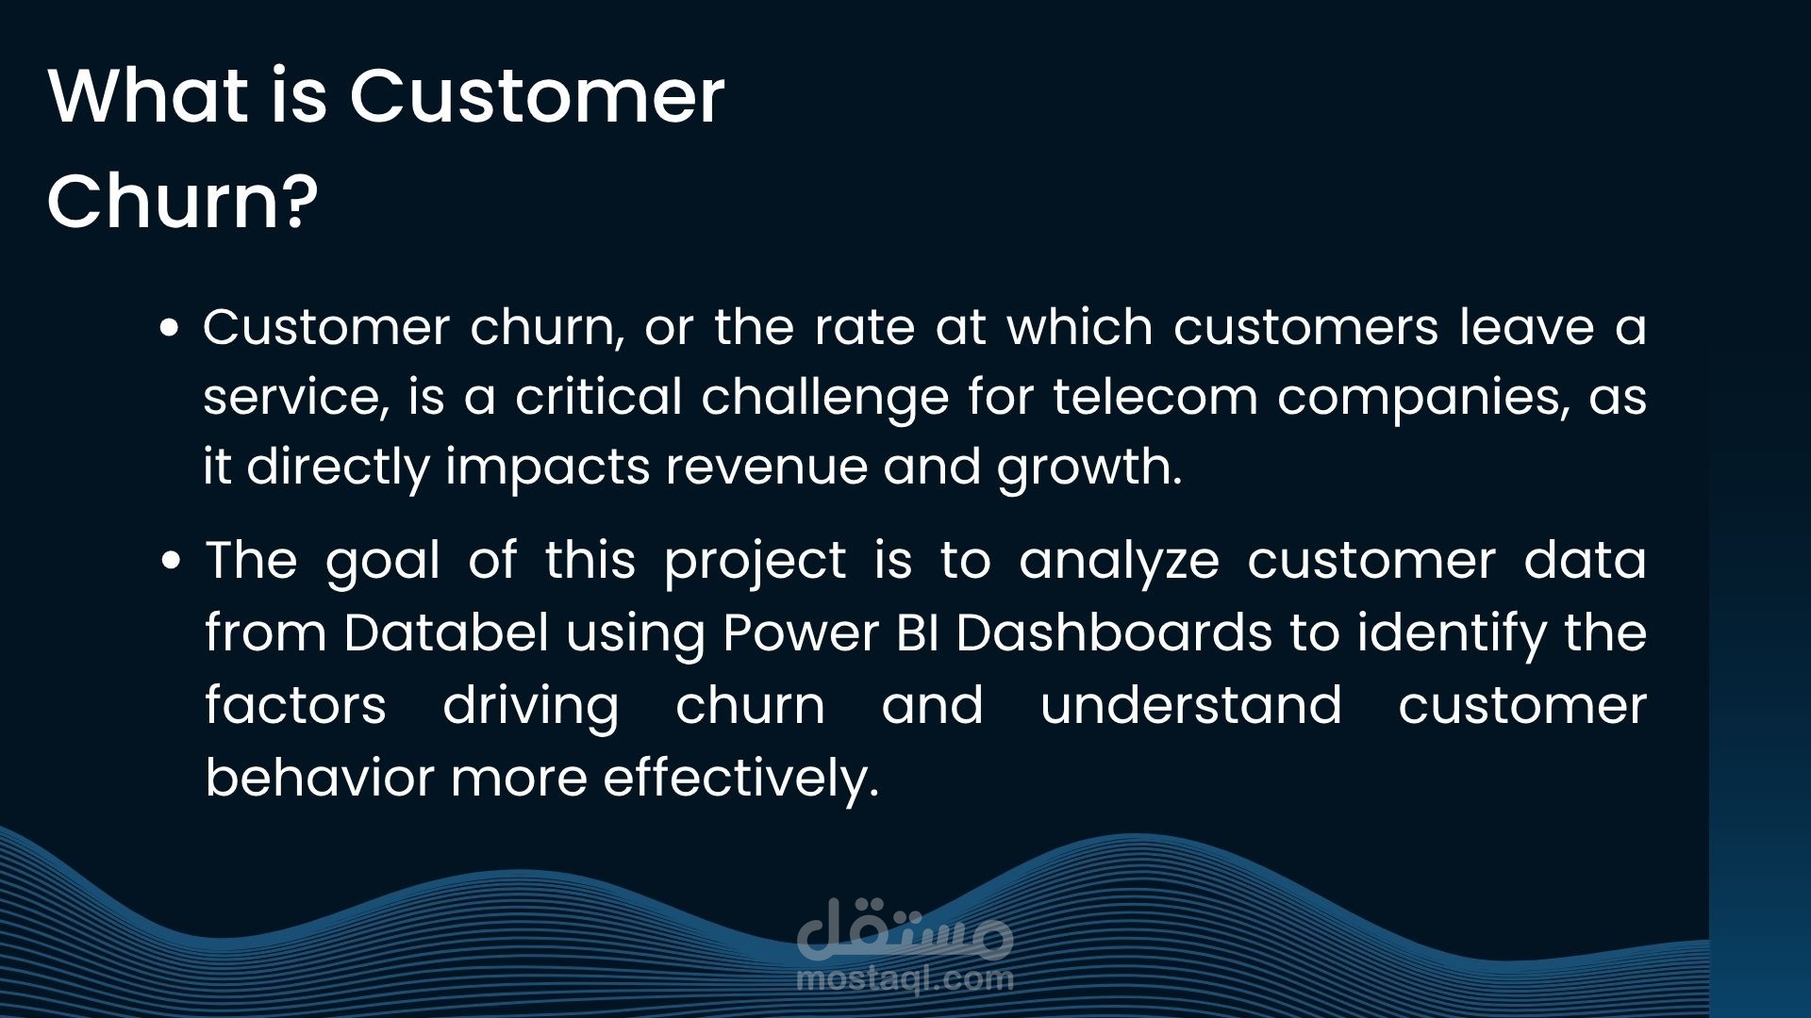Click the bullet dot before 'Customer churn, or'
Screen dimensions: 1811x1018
pyautogui.click(x=170, y=328)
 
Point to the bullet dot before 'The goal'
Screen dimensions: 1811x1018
pyautogui.click(x=171, y=561)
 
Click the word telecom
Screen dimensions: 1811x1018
pyautogui.click(x=1155, y=396)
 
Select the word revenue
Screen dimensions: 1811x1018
pyautogui.click(x=766, y=466)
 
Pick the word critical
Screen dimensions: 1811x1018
pyautogui.click(x=598, y=396)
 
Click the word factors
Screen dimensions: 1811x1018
pyautogui.click(x=296, y=705)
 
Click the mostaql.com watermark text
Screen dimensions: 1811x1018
pyautogui.click(x=905, y=978)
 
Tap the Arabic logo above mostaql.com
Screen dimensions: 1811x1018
pyautogui.click(x=905, y=928)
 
